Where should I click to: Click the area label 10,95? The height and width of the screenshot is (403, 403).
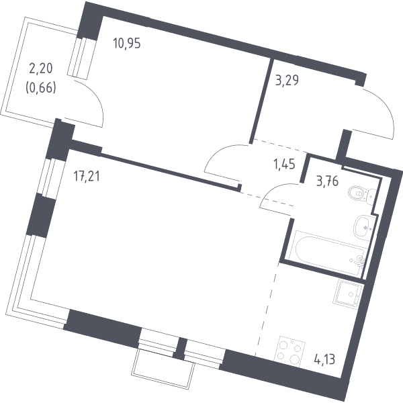127,43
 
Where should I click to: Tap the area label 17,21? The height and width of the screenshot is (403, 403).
87,176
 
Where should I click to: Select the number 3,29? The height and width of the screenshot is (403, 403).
287,80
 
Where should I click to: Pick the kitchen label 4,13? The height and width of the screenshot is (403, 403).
324,359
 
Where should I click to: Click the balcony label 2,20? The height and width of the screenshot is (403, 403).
41,69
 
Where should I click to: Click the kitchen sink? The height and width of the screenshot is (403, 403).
347,294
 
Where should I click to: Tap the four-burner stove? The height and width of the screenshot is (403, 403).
289,351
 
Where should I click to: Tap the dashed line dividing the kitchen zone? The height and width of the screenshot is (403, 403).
267,309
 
